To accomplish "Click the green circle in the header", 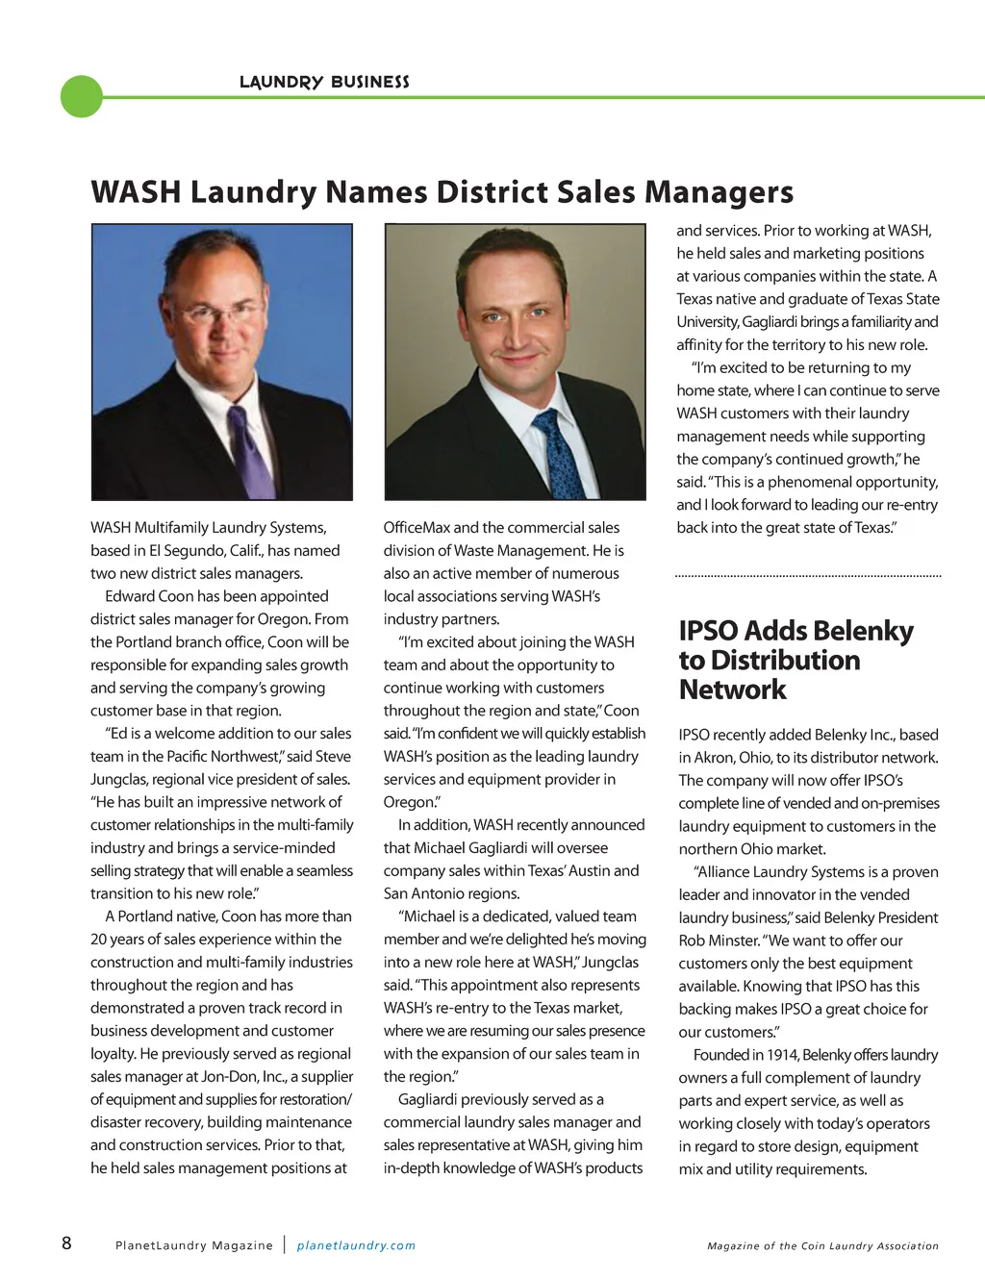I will [81, 96].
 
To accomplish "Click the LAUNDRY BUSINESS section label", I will [324, 82].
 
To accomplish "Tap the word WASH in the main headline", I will [136, 191].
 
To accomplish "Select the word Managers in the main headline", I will [719, 191].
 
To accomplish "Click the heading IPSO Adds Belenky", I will [796, 631].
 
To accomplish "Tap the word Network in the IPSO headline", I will [732, 690].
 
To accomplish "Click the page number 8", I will [66, 1242].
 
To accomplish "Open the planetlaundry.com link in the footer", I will [356, 1245].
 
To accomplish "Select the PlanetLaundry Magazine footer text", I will [194, 1245].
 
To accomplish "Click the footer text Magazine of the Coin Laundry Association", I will [822, 1245].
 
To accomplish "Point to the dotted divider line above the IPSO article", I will [808, 575].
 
